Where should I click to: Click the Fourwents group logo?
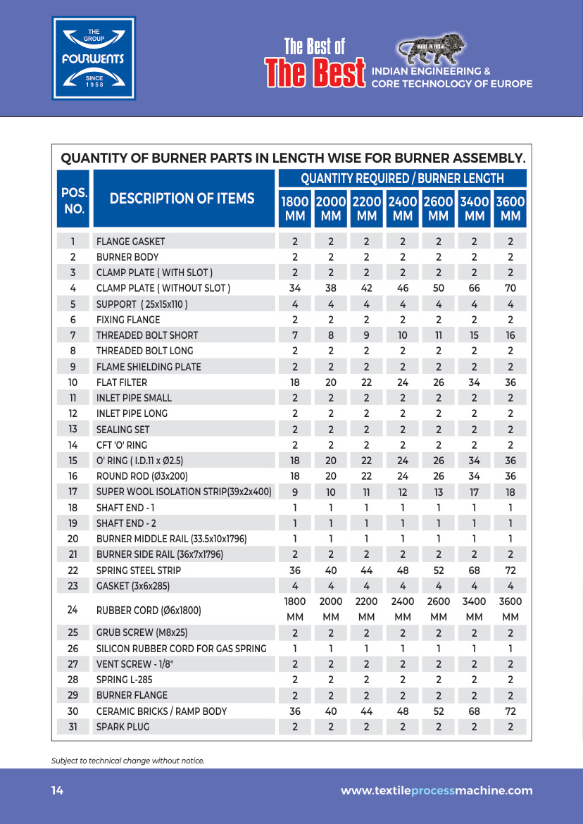click(94, 58)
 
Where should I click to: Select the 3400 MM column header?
click(475, 208)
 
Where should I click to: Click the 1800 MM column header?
click(295, 208)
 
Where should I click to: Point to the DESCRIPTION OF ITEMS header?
click(182, 199)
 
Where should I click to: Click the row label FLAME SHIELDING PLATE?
click(149, 366)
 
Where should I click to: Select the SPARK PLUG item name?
click(123, 726)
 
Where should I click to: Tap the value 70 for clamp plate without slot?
click(510, 288)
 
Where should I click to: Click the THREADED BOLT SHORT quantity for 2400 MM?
click(403, 335)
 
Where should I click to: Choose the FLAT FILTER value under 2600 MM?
click(439, 382)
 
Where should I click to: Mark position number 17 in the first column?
click(73, 492)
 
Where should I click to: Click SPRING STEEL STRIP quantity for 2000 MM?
click(331, 570)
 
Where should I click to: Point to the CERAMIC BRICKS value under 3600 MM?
click(510, 711)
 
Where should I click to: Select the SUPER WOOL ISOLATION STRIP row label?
click(184, 492)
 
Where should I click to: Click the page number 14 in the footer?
click(57, 791)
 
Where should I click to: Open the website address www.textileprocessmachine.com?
click(437, 791)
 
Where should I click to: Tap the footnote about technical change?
click(127, 761)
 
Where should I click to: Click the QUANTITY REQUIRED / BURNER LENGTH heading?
click(402, 178)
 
